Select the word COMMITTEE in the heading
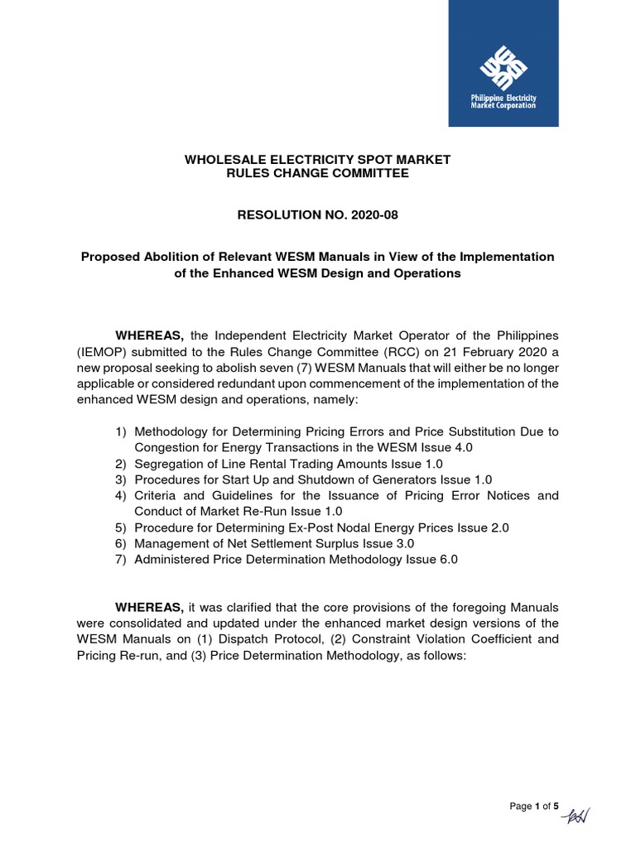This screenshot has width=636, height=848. click(363, 173)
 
